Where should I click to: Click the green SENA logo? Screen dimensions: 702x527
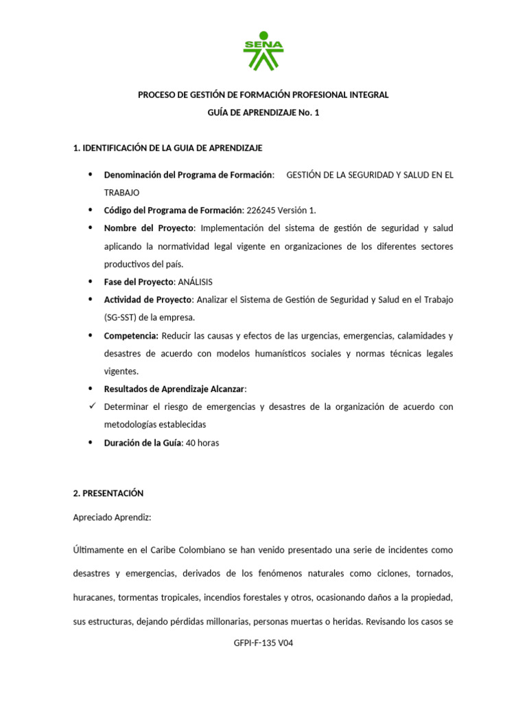tap(263, 51)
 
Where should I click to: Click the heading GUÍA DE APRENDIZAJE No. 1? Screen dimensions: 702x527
tap(263, 112)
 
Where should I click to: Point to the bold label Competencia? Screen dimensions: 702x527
tap(131, 336)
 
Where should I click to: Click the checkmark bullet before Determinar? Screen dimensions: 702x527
tap(91, 407)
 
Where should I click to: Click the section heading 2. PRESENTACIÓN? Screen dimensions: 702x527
tap(108, 493)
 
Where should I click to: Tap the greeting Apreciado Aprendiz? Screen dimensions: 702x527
tap(112, 518)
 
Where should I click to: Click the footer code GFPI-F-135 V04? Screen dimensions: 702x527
tap(263, 643)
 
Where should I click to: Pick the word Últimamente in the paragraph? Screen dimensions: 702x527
tap(99, 550)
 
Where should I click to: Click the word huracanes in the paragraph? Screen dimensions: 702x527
tap(93, 597)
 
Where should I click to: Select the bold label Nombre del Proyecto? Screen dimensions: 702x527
tap(149, 228)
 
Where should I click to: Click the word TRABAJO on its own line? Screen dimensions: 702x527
tap(121, 193)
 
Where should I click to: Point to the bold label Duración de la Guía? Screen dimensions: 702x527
tap(143, 443)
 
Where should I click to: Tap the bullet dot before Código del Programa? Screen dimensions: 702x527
tap(91, 210)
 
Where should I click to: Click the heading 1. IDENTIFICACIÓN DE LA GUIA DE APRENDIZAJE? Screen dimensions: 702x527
tap(167, 148)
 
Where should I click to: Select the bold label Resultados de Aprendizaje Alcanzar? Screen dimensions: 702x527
tap(174, 389)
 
